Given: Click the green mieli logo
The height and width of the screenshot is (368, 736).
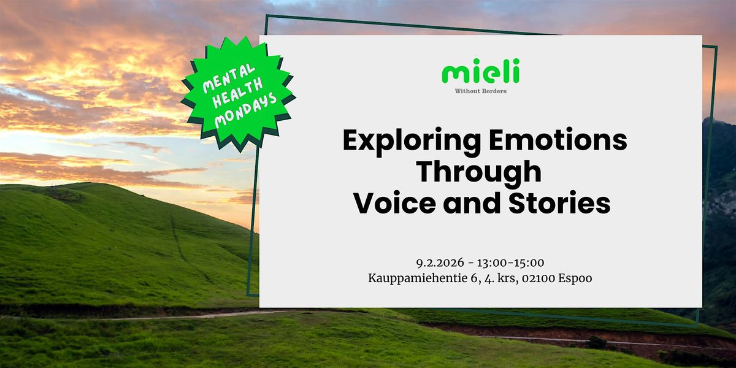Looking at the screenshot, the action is click(480, 71).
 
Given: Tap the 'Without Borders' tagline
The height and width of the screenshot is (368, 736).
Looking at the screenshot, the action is click(480, 91).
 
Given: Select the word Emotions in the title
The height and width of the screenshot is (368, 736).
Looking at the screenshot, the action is click(558, 140).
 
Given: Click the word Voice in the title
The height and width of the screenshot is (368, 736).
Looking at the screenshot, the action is click(395, 203).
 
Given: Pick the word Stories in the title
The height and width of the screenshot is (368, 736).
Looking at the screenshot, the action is click(559, 203).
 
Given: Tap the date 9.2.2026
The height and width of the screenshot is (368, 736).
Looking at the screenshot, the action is click(440, 263).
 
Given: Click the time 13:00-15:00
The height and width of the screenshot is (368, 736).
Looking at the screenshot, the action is click(510, 263).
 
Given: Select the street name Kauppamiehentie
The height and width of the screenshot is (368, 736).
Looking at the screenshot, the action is click(418, 278).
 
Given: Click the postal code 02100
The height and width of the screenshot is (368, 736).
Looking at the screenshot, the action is click(539, 278).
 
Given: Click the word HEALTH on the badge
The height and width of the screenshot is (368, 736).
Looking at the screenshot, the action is click(238, 94).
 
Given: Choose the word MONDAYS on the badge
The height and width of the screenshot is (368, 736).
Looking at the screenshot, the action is click(246, 110).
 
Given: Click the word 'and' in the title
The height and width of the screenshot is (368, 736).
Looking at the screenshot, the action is click(472, 203).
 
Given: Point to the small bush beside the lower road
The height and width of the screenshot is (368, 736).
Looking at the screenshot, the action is click(596, 342).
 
